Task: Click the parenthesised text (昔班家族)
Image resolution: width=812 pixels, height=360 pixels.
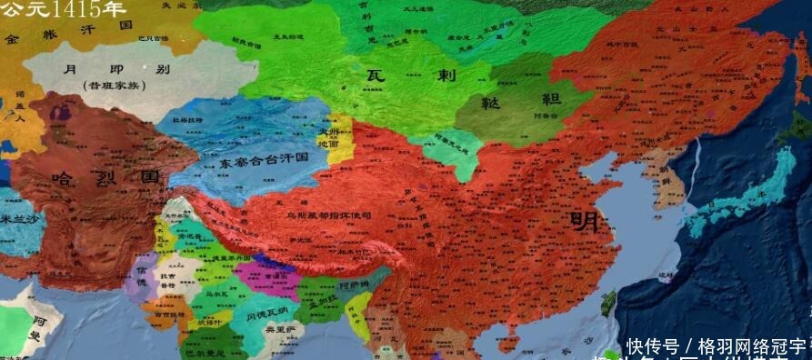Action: (110, 85)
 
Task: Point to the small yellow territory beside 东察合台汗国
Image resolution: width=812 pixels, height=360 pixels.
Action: (338, 139)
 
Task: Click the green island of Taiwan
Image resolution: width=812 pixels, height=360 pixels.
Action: (609, 302)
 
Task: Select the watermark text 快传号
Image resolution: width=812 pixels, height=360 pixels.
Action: (651, 346)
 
